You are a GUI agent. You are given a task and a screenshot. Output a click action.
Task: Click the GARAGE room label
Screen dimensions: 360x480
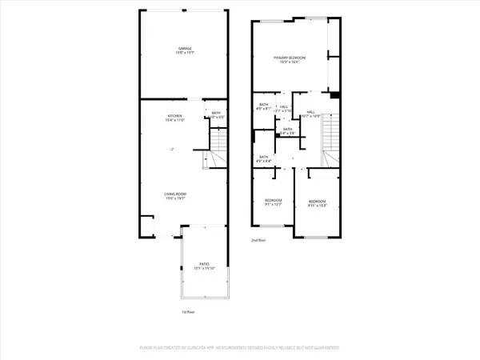[x=185, y=49]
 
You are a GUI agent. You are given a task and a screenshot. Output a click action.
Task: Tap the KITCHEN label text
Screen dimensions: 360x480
[x=175, y=115]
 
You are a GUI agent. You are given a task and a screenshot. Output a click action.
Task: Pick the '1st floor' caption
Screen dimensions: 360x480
[x=188, y=311]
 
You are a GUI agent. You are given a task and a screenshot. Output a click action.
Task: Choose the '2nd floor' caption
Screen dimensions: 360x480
[x=258, y=239]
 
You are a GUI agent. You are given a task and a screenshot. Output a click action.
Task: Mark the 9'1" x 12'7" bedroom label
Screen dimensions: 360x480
[x=274, y=199]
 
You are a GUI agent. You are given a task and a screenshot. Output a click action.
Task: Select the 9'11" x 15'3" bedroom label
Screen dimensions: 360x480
[x=317, y=201]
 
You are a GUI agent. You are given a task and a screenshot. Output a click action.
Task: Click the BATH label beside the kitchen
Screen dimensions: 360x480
[x=216, y=113]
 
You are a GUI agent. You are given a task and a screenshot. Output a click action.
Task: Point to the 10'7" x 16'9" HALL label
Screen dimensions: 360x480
[x=311, y=112]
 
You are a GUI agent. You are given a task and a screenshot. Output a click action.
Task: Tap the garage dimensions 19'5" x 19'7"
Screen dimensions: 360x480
[x=185, y=54]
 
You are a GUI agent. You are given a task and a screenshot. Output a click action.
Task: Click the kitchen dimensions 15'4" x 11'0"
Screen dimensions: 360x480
[x=175, y=120]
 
